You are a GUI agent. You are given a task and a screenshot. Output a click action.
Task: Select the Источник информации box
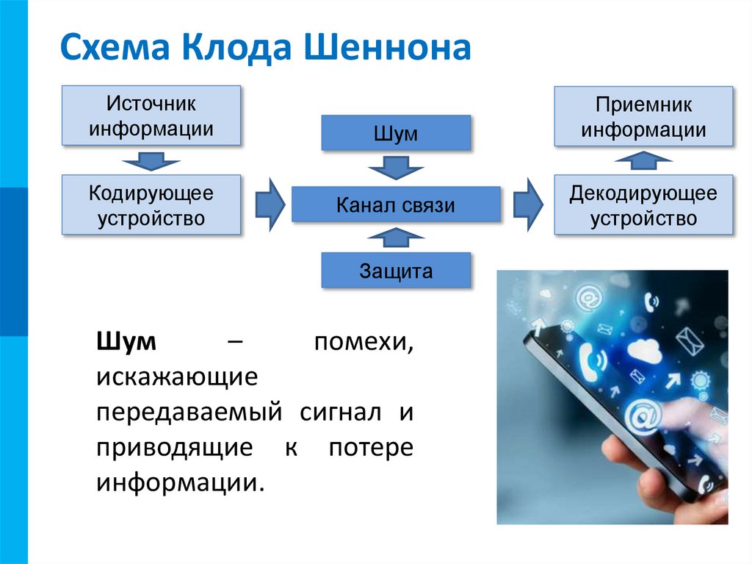click(151, 116)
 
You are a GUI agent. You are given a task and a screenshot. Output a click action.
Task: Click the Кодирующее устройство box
click(151, 205)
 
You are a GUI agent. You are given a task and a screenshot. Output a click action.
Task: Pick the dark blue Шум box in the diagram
click(396, 134)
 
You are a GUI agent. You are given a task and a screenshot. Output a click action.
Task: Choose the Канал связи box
click(396, 204)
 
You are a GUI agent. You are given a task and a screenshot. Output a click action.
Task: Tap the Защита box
click(396, 271)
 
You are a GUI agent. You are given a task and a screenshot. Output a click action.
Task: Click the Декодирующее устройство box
click(643, 206)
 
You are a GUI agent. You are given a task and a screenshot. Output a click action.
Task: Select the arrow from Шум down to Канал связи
click(396, 169)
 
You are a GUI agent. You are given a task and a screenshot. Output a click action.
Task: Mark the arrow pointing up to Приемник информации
click(643, 160)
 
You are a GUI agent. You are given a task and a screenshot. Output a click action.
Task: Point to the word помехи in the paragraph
click(364, 343)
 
